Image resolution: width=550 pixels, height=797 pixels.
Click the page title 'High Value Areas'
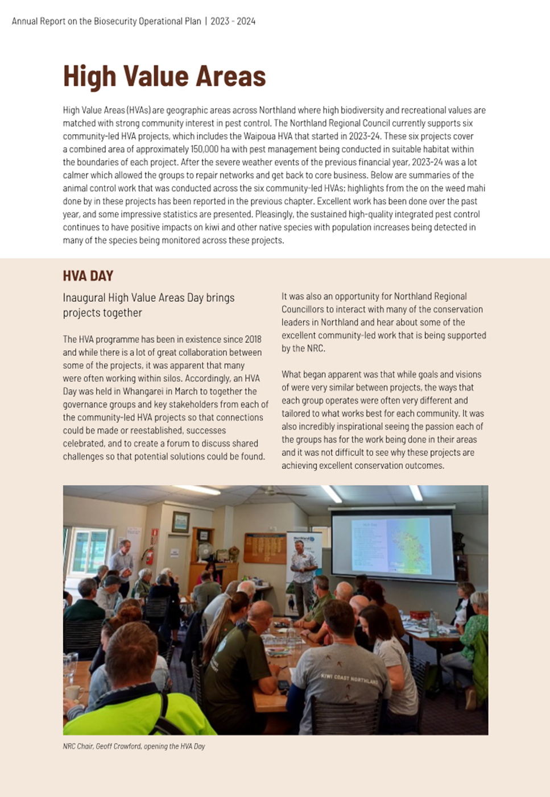[164, 76]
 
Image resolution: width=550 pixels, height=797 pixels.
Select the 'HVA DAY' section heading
[88, 276]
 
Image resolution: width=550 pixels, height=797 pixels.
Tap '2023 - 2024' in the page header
[233, 21]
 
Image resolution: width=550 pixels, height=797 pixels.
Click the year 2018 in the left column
[253, 339]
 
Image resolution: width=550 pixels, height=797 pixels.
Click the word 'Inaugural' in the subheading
[83, 298]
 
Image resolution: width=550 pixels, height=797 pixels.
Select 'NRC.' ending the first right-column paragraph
[317, 348]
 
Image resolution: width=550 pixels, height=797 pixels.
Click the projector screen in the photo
[392, 546]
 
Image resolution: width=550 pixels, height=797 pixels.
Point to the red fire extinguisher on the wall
[150, 555]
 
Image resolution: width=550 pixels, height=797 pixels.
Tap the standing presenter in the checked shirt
[302, 574]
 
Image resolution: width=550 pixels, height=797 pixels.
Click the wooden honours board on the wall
[264, 548]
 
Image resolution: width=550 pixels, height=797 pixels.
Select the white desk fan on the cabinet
[205, 551]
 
